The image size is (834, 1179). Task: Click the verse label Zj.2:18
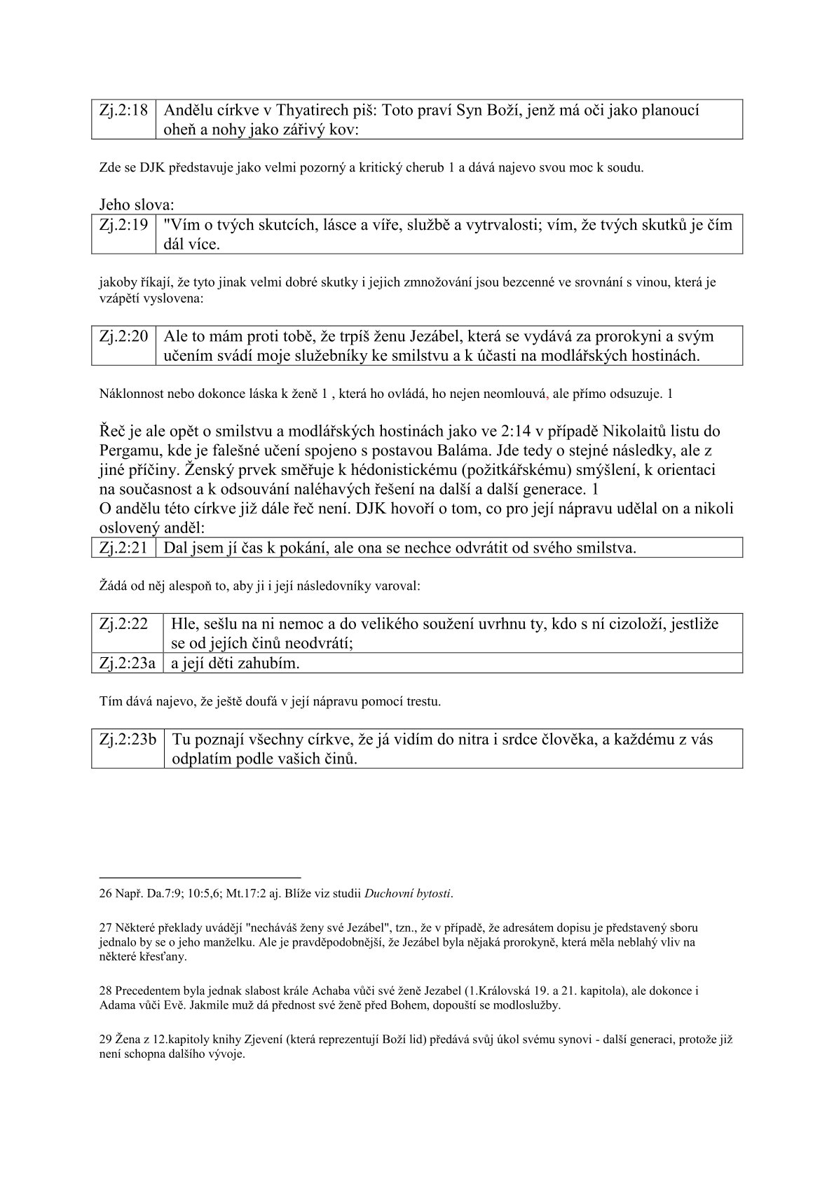coord(123,111)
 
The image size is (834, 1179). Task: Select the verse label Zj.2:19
coord(123,225)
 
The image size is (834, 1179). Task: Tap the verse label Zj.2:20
coord(123,336)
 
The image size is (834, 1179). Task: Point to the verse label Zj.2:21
coord(123,548)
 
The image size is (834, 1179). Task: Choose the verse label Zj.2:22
coord(123,623)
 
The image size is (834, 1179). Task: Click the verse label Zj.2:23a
coord(127,663)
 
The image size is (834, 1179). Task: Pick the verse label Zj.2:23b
coord(128,739)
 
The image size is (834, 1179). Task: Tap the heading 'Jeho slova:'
coord(137,205)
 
